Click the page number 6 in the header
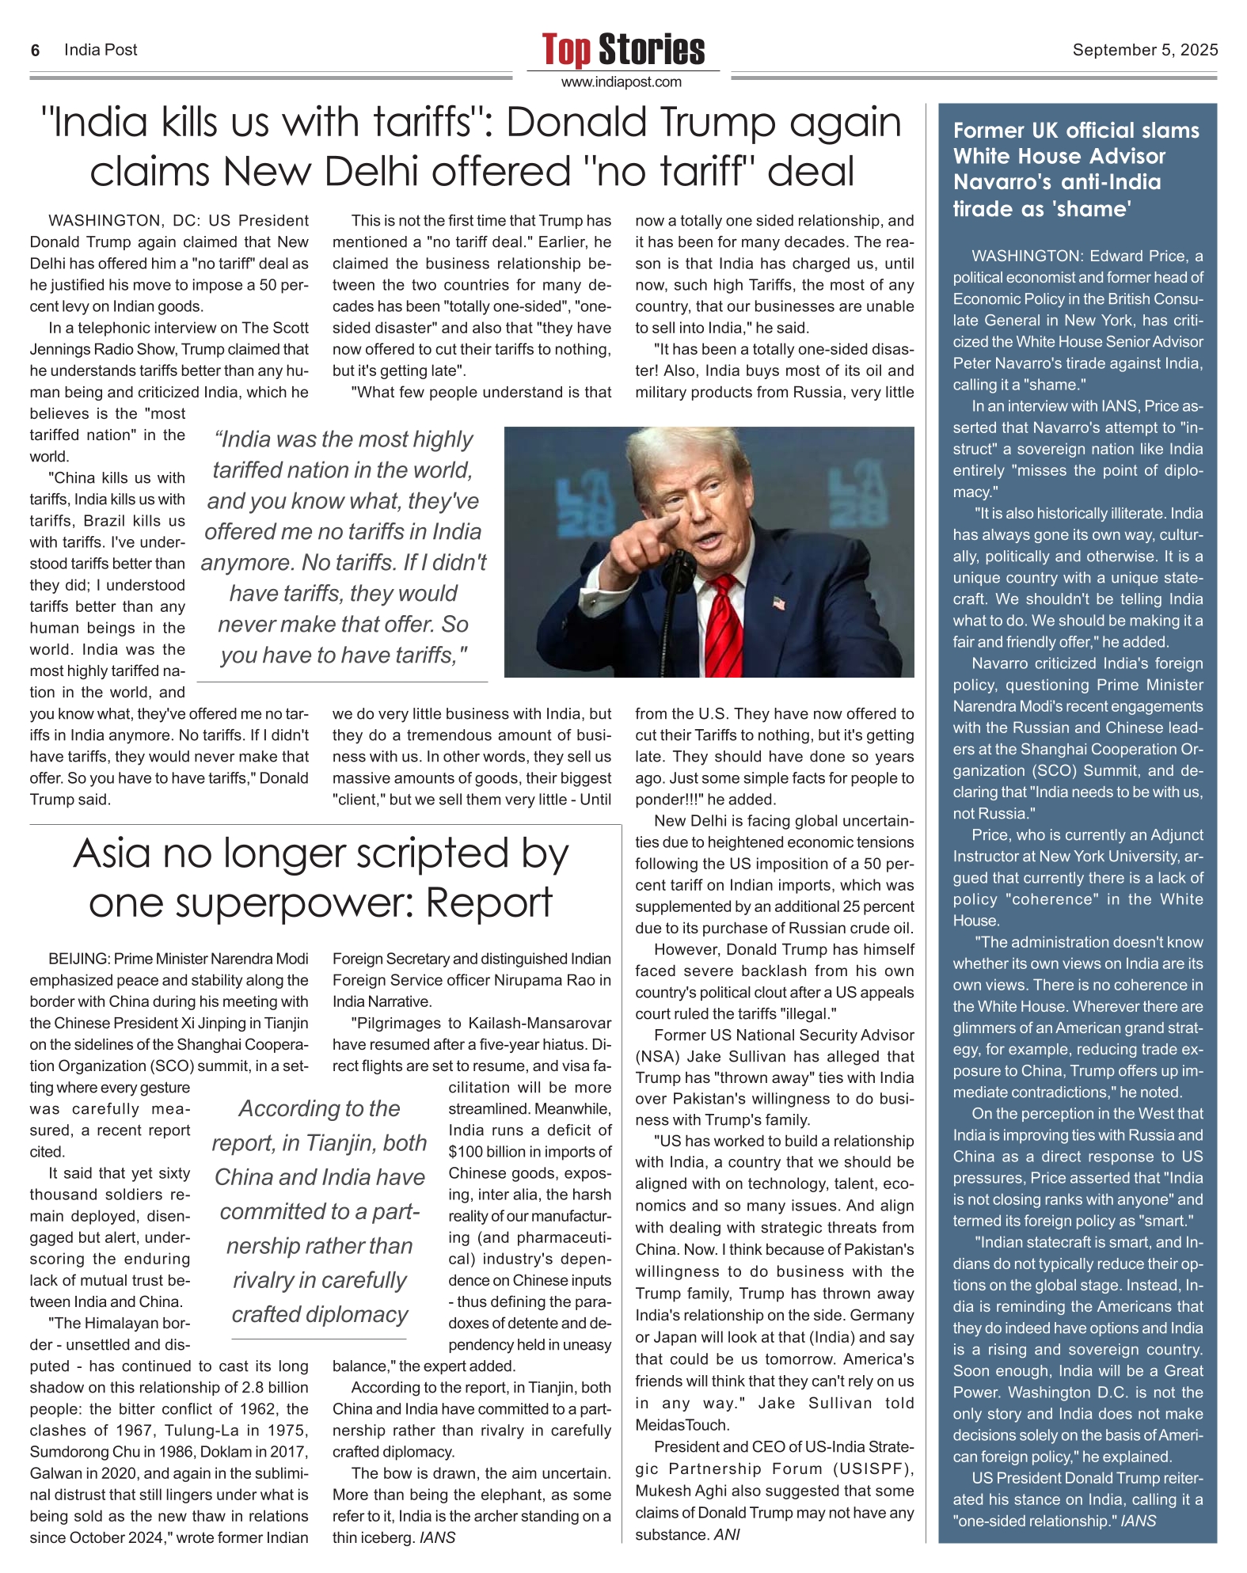coord(35,51)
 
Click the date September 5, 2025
coord(1145,50)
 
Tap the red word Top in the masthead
coord(566,50)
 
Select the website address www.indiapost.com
coord(622,82)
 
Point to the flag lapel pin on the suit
coord(779,604)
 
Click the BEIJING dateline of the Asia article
coord(78,959)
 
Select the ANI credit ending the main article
coord(727,1535)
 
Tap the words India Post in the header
coord(101,51)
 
